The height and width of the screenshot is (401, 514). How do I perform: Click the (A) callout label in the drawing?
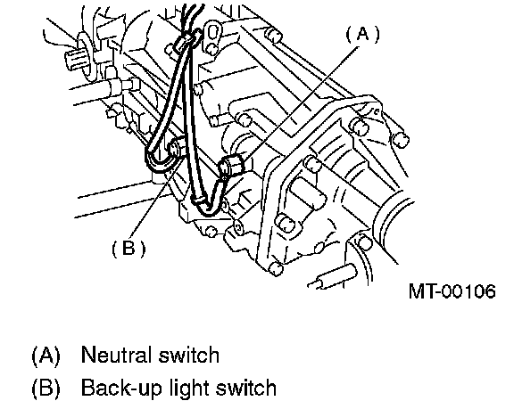362,34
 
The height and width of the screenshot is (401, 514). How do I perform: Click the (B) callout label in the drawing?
128,248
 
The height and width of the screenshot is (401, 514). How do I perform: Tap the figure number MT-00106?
452,291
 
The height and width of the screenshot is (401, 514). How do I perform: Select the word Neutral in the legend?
116,355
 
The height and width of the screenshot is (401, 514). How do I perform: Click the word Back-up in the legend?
121,389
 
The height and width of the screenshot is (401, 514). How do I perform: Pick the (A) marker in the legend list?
46,355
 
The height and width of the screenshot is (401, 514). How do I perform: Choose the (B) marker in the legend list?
46,388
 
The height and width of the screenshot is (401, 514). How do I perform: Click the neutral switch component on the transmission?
231,166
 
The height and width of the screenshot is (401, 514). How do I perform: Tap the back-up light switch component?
176,147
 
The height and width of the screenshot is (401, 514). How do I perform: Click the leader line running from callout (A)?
303,102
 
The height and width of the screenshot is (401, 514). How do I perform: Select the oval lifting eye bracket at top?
212,33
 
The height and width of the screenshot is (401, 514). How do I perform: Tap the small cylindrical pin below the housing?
335,277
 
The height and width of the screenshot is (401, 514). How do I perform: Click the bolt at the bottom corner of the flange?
275,268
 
